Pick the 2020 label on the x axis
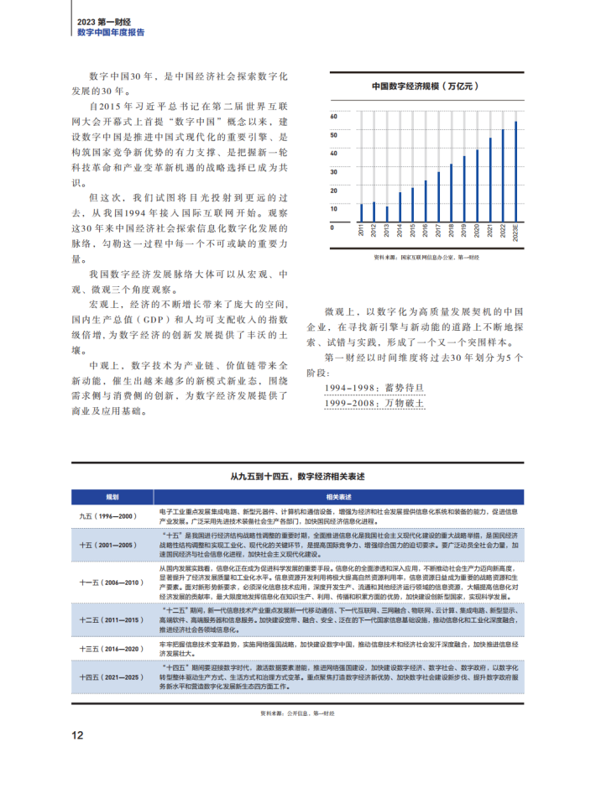click(477, 231)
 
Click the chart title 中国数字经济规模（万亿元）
click(425, 86)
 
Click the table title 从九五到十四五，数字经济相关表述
click(297, 476)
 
